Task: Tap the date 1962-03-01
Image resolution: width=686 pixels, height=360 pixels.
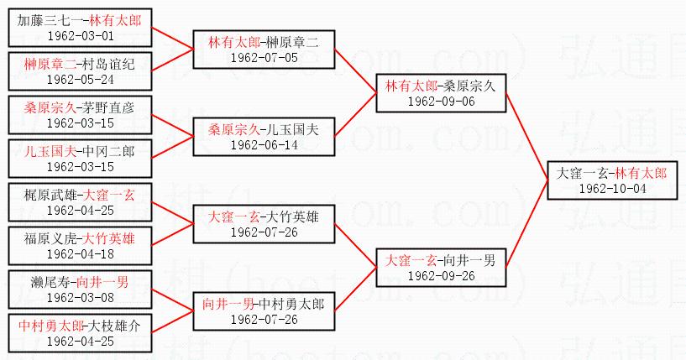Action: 80,36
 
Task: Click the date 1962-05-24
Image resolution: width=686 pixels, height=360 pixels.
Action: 80,80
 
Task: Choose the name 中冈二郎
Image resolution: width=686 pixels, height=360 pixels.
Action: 108,151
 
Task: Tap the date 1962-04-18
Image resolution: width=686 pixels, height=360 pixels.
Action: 80,254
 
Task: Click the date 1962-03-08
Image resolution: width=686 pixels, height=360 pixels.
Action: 80,298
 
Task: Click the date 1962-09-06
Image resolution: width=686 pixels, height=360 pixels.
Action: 441,101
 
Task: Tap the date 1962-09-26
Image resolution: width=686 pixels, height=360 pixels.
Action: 441,275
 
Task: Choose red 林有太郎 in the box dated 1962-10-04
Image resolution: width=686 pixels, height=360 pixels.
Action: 641,172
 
